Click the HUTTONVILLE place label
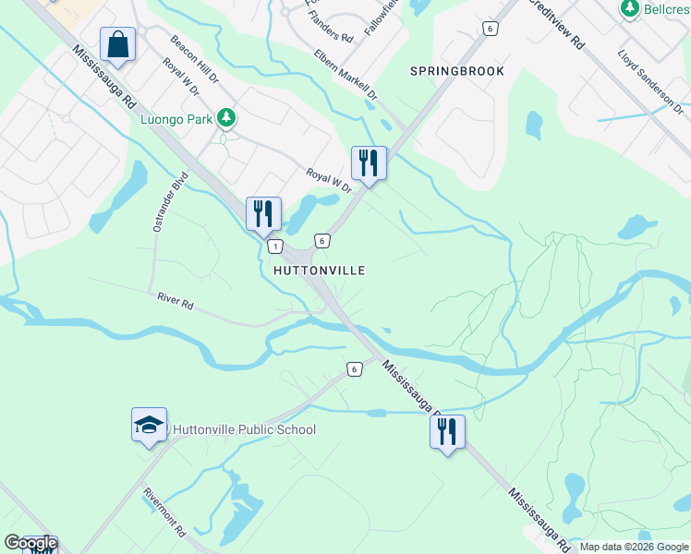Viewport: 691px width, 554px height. point(320,271)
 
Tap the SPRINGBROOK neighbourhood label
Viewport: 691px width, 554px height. point(457,71)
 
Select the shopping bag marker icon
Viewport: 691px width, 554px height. point(117,43)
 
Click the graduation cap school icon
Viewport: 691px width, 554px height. point(149,425)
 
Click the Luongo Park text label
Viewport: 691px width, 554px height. point(176,118)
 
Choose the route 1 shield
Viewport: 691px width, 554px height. point(274,247)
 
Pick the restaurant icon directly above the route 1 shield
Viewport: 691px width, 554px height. point(263,213)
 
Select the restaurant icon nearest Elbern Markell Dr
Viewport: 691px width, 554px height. point(369,163)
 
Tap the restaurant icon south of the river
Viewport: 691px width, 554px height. point(447,431)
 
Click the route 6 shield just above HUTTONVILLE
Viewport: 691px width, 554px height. point(321,241)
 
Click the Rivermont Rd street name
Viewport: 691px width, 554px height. point(166,512)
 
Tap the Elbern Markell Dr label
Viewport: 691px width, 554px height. point(345,75)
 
